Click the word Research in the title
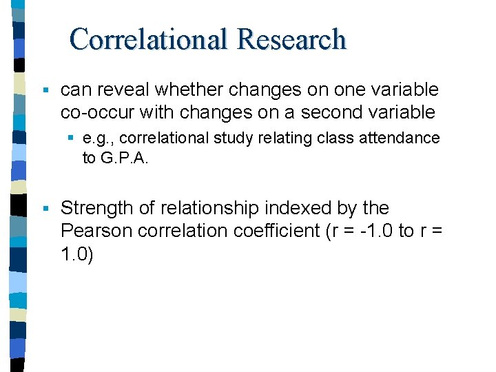coord(291,39)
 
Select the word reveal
coord(124,90)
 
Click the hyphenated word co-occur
coord(90,112)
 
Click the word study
coord(230,138)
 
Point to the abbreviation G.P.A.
coord(124,158)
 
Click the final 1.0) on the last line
coord(77,254)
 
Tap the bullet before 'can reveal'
coord(45,90)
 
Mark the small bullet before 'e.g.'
coord(72,138)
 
